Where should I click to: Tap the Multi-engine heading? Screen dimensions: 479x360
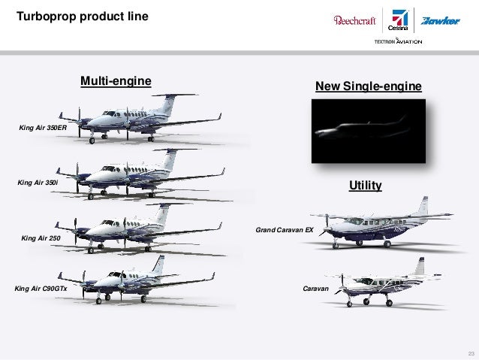click(x=116, y=80)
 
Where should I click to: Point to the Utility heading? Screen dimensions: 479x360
click(x=366, y=184)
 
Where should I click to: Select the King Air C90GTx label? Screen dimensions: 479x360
click(x=41, y=288)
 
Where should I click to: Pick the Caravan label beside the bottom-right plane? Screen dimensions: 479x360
click(x=316, y=288)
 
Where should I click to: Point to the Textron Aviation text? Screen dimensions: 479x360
click(x=398, y=41)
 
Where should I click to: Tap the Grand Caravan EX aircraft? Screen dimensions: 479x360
click(x=383, y=225)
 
